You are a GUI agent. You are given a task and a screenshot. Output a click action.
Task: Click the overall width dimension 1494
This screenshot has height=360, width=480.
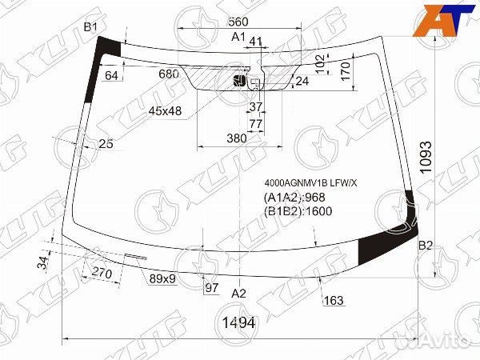pos(238,322)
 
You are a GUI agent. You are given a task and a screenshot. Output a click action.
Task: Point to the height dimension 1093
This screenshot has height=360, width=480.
pos(426,158)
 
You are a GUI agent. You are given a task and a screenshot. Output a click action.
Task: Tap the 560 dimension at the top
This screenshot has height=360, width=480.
pos(238,22)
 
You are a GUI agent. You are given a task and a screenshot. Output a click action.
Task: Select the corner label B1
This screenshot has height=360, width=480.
pos(90,27)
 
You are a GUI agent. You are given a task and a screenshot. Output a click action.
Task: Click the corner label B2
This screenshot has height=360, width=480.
pos(426,246)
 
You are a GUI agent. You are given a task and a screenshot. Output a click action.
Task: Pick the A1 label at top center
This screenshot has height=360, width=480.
pos(238,37)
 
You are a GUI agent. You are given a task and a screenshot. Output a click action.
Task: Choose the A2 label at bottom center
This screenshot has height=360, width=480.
pos(238,294)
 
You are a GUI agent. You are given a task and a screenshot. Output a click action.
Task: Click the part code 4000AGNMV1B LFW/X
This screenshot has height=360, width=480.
pos(310,183)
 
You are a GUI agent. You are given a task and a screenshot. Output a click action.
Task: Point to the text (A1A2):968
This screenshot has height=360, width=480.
pos(294,198)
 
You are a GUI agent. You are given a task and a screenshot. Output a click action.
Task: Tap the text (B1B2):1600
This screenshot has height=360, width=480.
pos(298,211)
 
